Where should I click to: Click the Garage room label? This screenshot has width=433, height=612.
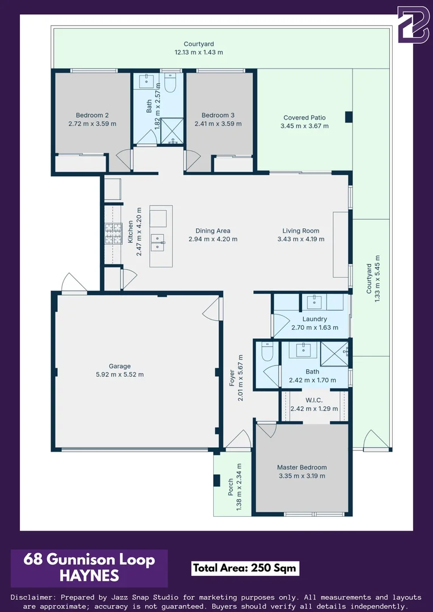[120, 366]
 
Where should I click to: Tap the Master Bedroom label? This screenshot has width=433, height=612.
[302, 467]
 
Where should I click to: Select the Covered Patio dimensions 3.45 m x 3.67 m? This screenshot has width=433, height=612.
[304, 126]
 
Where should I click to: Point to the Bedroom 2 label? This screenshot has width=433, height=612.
[92, 115]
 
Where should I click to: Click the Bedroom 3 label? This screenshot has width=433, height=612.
[218, 115]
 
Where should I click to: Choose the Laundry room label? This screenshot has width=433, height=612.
[315, 319]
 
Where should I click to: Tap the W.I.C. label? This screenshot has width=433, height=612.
[314, 400]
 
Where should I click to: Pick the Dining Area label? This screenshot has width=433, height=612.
[213, 231]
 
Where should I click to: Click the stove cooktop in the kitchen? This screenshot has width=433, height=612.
[113, 234]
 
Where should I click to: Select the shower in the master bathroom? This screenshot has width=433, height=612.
[334, 354]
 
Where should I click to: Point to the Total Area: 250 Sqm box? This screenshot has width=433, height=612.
[245, 568]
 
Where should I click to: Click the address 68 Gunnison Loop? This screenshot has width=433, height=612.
[89, 560]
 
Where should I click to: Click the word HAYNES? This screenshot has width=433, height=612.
[89, 576]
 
